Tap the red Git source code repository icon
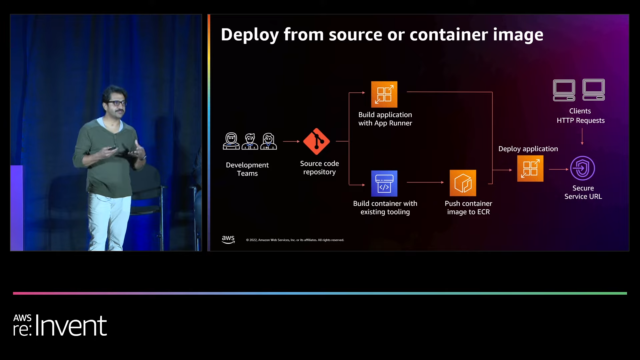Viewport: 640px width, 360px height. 317,141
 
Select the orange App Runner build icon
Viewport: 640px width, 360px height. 384,94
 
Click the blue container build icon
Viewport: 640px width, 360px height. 384,183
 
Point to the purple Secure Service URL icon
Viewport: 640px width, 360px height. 582,168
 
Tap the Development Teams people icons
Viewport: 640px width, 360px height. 249,141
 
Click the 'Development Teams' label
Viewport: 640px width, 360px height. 249,169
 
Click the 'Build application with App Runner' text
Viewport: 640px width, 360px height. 384,120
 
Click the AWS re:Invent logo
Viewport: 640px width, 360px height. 59,324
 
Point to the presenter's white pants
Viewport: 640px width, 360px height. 107,220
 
